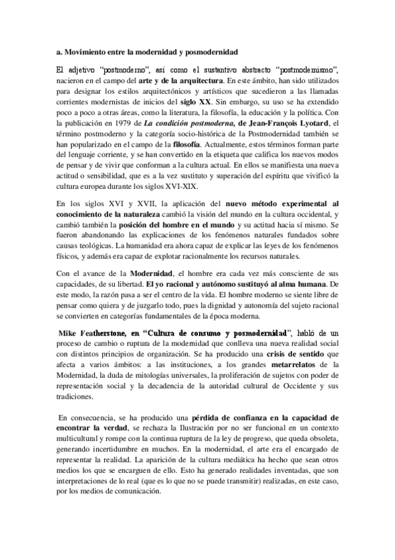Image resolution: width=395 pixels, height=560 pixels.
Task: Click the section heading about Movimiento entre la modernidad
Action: (144, 51)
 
